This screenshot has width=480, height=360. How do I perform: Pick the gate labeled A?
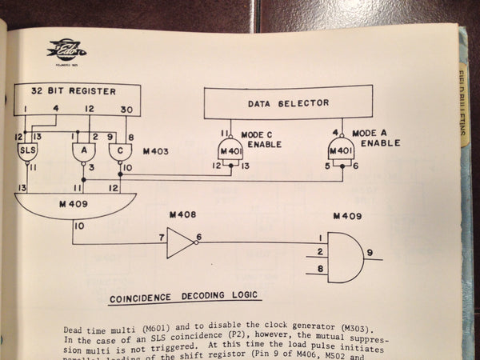tap(80, 150)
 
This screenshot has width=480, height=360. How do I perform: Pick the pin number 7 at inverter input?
tap(160, 238)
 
